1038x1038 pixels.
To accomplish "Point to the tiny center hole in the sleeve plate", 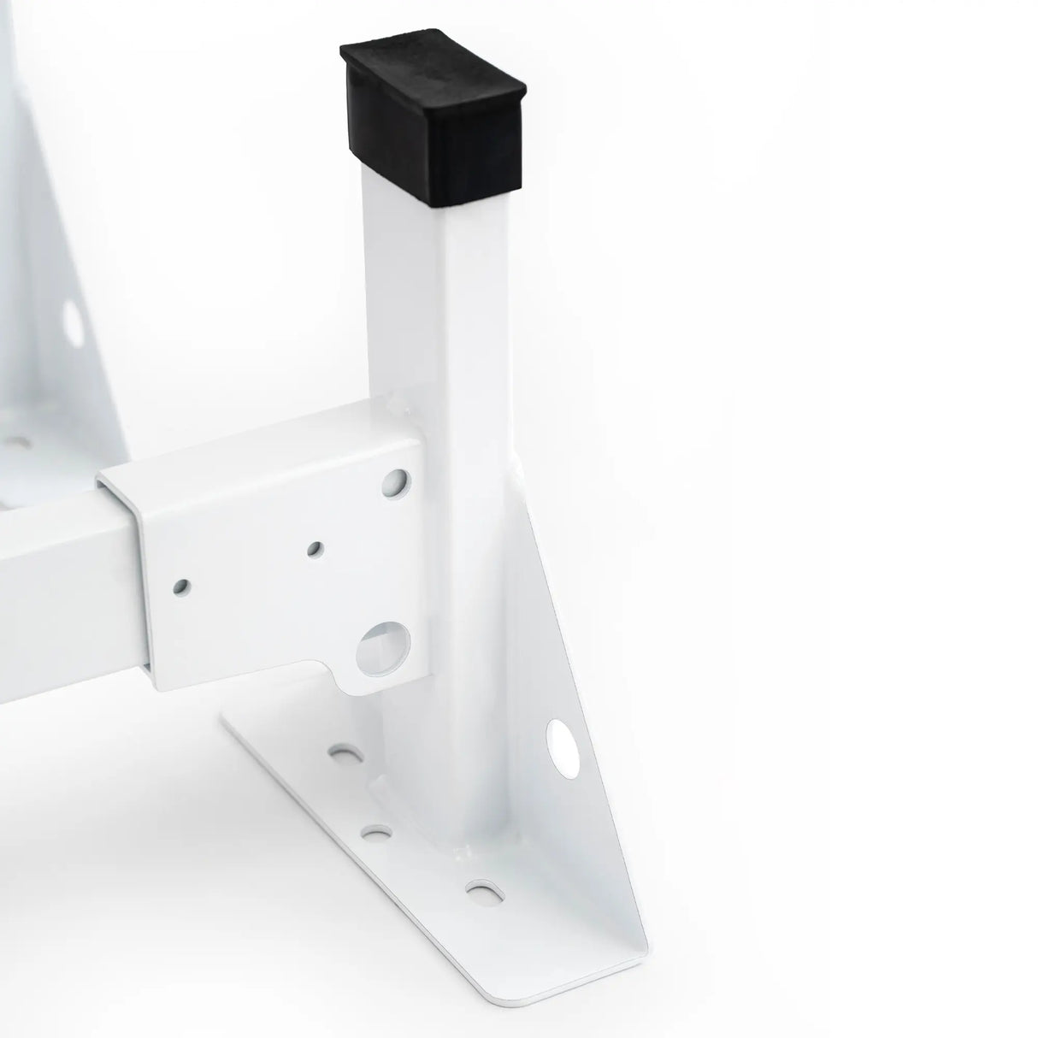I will (316, 547).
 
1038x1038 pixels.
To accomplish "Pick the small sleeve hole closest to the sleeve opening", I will (181, 587).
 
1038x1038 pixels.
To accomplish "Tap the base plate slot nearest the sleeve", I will (345, 755).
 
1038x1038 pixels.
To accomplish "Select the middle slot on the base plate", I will (374, 830).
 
